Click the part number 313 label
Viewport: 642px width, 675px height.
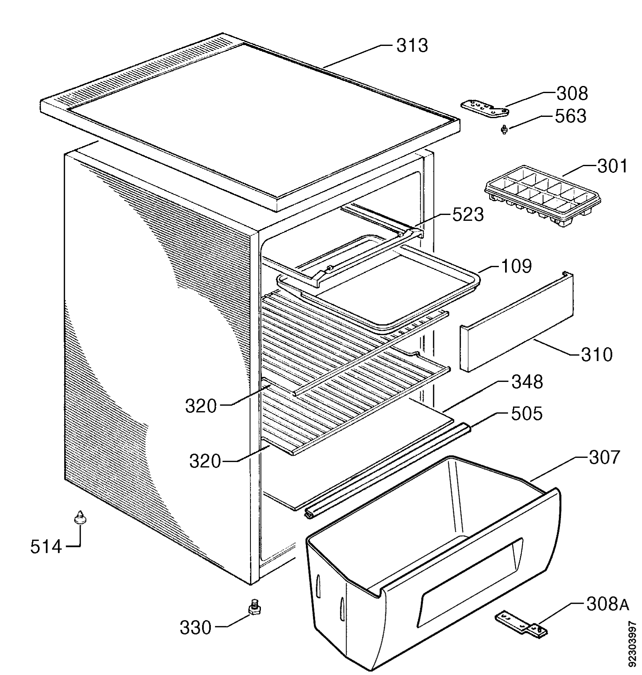click(x=412, y=46)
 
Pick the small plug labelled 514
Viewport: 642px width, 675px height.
click(x=79, y=517)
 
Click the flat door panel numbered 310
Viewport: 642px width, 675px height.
click(x=517, y=321)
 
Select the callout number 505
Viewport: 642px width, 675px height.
click(x=526, y=414)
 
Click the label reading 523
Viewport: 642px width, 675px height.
click(x=468, y=215)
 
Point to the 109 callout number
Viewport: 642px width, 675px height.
click(x=516, y=266)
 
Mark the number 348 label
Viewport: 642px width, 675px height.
click(x=527, y=382)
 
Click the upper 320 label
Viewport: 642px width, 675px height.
click(x=201, y=406)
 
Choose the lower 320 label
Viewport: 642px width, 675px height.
click(x=205, y=461)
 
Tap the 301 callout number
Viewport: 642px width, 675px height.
click(x=612, y=166)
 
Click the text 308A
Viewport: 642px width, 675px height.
click(x=607, y=604)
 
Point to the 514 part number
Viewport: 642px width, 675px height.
click(x=46, y=546)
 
